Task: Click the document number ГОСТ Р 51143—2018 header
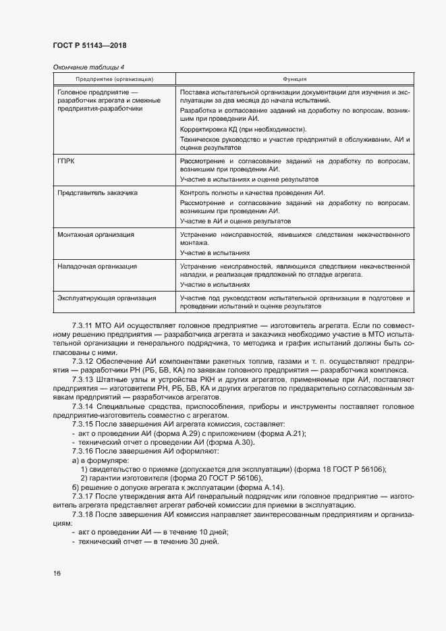89,45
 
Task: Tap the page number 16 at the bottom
56,573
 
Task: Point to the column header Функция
295,80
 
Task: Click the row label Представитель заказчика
98,193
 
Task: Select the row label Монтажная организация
96,235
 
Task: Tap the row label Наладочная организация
97,267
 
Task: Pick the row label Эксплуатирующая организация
107,298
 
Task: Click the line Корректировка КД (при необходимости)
243,129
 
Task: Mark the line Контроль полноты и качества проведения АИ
252,193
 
